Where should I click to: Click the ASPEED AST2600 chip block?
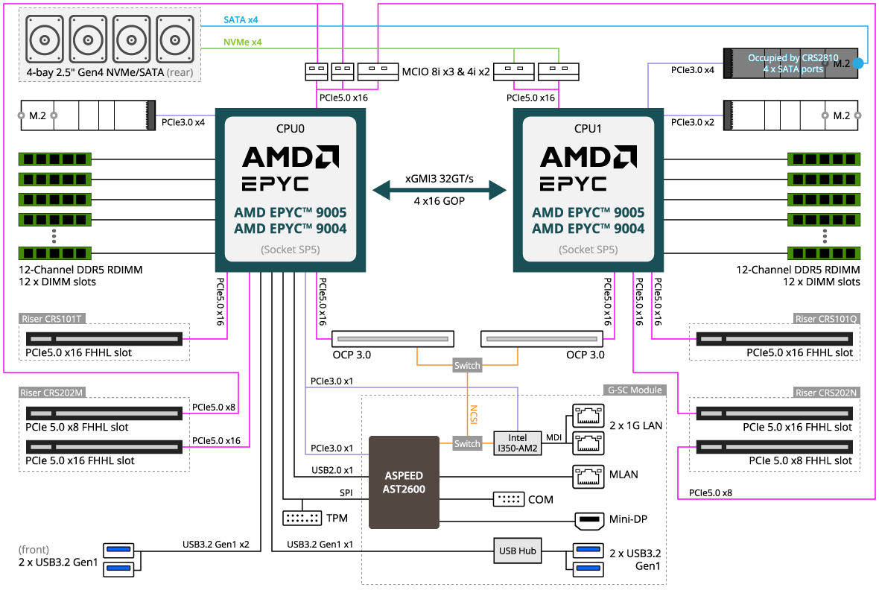coord(404,482)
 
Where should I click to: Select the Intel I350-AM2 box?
coord(517,443)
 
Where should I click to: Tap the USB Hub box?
coord(517,551)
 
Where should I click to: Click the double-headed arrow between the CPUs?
coord(439,190)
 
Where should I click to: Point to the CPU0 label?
coord(290,129)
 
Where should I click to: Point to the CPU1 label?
coord(588,129)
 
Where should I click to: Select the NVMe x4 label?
coord(243,42)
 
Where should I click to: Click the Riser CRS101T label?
coord(52,319)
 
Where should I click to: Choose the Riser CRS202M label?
coord(53,393)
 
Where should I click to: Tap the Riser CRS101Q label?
coord(827,319)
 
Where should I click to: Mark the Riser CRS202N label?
coord(827,393)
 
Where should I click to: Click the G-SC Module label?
coord(634,390)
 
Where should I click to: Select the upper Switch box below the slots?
coord(467,366)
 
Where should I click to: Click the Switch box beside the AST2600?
coord(467,443)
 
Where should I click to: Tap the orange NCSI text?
coord(473,414)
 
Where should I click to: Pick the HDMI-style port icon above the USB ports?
coord(588,521)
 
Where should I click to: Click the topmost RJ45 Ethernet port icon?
coord(588,416)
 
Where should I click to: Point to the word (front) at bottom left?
coord(34,550)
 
